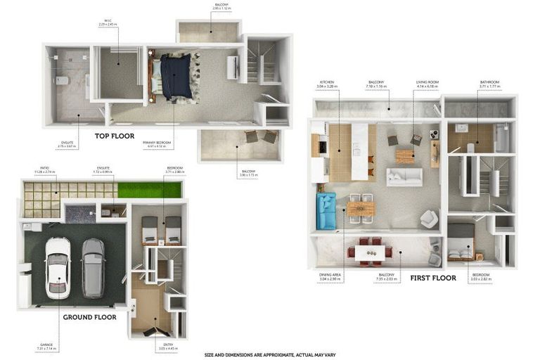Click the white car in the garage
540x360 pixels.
tap(57, 267)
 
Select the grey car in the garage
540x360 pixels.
tap(93, 268)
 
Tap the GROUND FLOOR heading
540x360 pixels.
tap(89, 317)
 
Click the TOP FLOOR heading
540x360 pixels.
tap(115, 136)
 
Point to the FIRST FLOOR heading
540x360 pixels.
tap(433, 278)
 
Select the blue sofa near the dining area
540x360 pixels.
tap(326, 212)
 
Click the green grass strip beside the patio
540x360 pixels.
tap(149, 190)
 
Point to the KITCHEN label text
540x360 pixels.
tap(328, 82)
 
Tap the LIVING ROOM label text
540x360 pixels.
tap(427, 82)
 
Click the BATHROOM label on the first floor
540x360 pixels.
tap(489, 82)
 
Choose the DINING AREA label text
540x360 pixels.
tap(330, 275)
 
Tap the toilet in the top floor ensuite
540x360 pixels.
tap(63, 80)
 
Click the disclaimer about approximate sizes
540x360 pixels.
tap(269, 355)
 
